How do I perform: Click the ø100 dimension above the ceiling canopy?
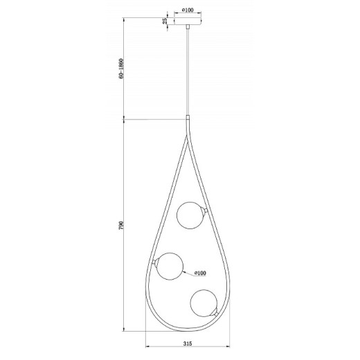click(188, 10)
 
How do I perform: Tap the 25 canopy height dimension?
click(165, 21)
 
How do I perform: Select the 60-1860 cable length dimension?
click(121, 69)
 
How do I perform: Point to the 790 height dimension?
click(121, 225)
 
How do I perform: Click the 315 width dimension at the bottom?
click(188, 343)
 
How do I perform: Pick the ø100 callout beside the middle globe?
click(200, 273)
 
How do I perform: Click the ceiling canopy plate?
click(188, 21)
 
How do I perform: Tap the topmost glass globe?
click(190, 215)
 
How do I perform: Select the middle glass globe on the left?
click(170, 267)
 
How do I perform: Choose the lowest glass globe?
click(204, 303)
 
